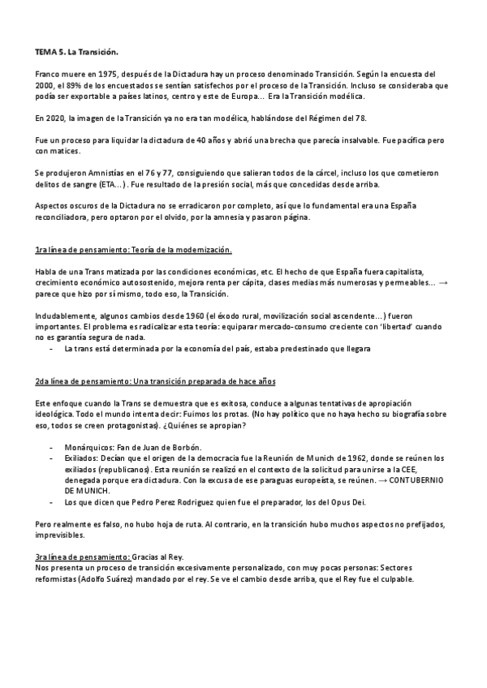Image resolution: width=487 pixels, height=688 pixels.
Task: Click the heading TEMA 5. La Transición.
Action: (x=72, y=51)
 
